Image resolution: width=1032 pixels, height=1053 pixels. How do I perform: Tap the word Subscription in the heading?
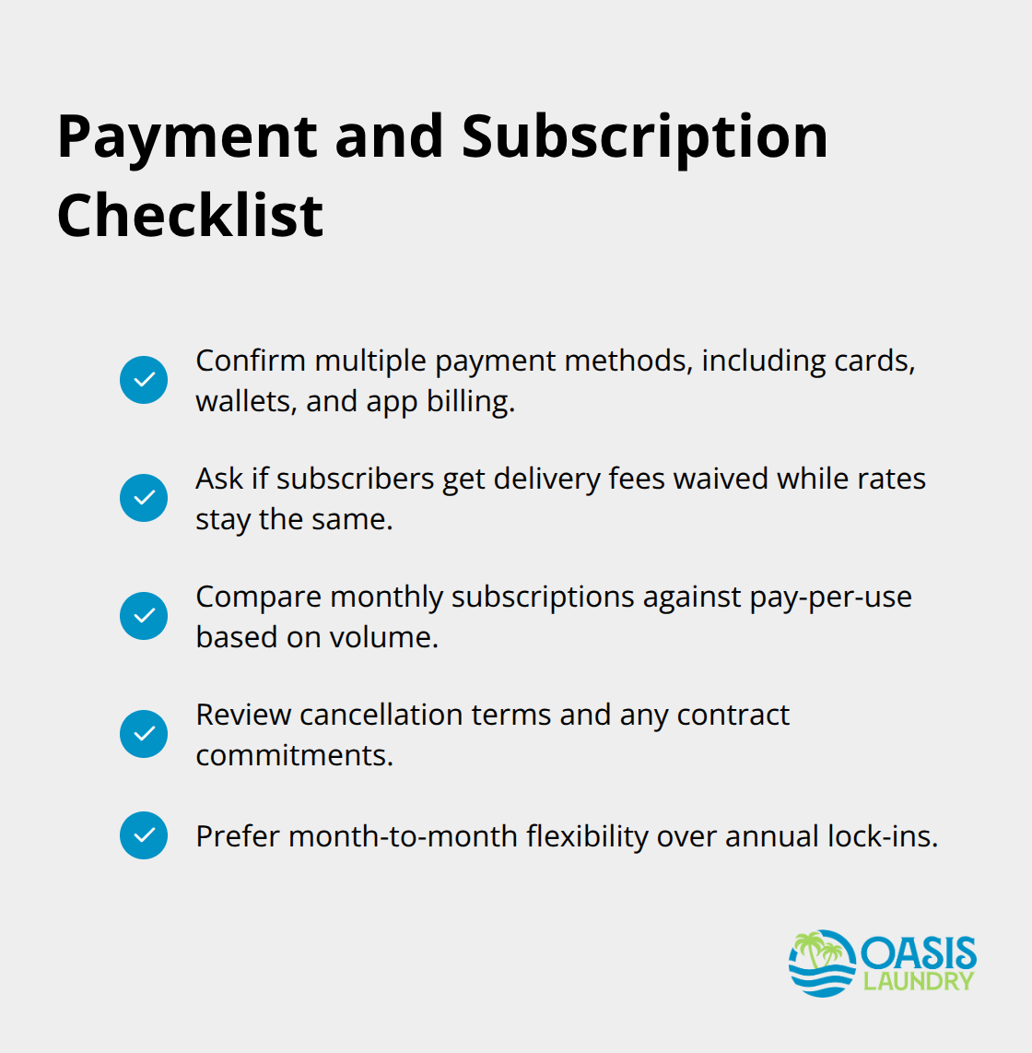[644, 137]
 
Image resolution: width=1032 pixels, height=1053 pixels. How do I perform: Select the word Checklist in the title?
[190, 216]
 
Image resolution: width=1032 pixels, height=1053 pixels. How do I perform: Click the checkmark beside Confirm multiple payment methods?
[144, 380]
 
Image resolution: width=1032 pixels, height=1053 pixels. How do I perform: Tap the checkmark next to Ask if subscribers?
[144, 498]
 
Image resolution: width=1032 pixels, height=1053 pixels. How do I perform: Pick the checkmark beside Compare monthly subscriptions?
[144, 616]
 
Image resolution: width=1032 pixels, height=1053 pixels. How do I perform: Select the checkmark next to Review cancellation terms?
[144, 734]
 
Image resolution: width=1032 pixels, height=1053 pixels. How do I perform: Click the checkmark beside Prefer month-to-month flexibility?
[144, 835]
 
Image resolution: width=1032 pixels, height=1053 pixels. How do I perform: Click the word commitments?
[294, 756]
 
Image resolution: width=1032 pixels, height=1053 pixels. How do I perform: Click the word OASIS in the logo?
[919, 953]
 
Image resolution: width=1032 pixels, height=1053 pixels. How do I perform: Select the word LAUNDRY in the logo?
[918, 981]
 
